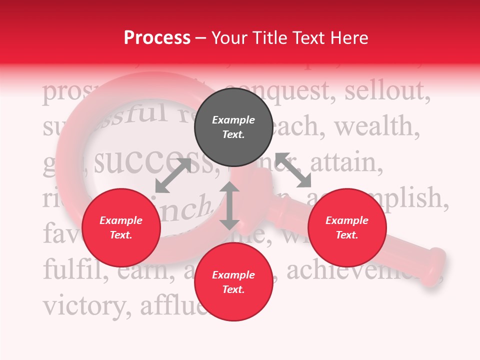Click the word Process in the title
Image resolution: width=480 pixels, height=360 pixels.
point(157,38)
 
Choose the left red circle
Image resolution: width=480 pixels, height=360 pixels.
point(121,227)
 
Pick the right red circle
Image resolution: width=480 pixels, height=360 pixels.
point(346,227)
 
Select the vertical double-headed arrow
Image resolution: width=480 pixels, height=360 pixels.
point(229,205)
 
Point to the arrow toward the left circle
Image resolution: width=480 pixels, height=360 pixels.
point(172,175)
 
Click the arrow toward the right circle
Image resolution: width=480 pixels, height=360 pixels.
point(293,170)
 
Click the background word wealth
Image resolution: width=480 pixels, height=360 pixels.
point(377,127)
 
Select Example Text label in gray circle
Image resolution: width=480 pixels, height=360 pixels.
point(233,127)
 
